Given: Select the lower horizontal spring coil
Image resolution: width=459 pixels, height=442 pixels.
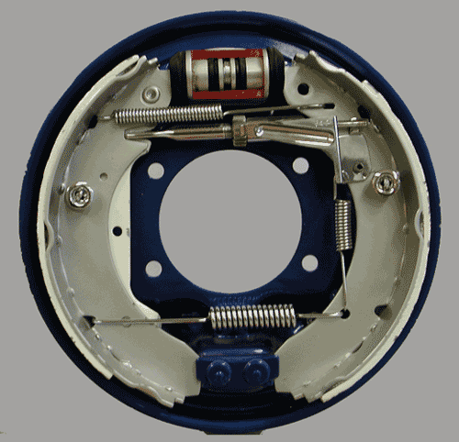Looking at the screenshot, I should [251, 317].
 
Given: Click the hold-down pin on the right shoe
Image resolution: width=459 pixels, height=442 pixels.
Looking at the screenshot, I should [384, 182].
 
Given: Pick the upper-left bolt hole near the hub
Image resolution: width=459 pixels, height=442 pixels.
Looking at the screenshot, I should [154, 171].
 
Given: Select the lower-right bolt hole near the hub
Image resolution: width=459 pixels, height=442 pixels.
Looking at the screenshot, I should [309, 263].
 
